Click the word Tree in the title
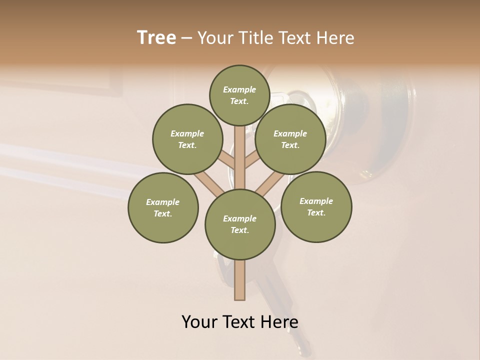pyautogui.click(x=156, y=38)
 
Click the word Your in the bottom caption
pyautogui.click(x=199, y=322)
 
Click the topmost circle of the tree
pyautogui.click(x=239, y=95)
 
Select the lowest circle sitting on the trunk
pyautogui.click(x=240, y=224)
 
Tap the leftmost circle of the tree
pyautogui.click(x=163, y=208)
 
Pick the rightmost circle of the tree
pyautogui.click(x=316, y=207)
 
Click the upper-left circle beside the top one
pyautogui.click(x=187, y=139)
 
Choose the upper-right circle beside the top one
pyautogui.click(x=290, y=139)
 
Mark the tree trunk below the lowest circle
pyautogui.click(x=240, y=280)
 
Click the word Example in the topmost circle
pyautogui.click(x=239, y=90)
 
